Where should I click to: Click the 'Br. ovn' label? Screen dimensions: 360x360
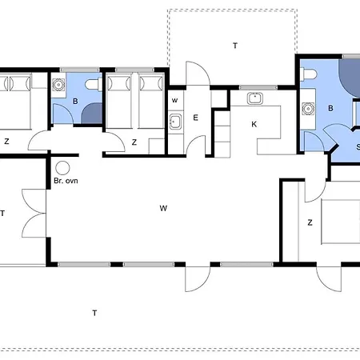pyautogui.click(x=66, y=181)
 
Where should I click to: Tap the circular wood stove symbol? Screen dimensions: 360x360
pyautogui.click(x=62, y=168)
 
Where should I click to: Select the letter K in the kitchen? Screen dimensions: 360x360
pyautogui.click(x=254, y=124)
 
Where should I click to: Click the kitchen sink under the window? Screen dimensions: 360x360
pyautogui.click(x=255, y=98)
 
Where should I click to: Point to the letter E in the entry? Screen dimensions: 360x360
pyautogui.click(x=195, y=118)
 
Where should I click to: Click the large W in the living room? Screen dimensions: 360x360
pyautogui.click(x=163, y=208)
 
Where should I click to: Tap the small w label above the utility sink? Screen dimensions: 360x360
pyautogui.click(x=174, y=101)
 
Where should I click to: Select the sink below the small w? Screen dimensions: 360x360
pyautogui.click(x=176, y=122)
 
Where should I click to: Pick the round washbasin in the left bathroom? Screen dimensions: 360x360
pyautogui.click(x=58, y=85)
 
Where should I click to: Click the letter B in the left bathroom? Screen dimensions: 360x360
pyautogui.click(x=75, y=102)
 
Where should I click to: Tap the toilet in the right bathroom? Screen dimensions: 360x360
pyautogui.click(x=309, y=74)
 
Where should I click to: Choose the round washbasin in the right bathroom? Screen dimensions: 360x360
pyautogui.click(x=308, y=109)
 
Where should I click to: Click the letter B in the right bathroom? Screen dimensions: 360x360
pyautogui.click(x=330, y=108)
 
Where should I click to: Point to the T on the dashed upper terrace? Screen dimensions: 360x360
pyautogui.click(x=235, y=46)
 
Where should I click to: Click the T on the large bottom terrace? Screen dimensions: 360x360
pyautogui.click(x=94, y=313)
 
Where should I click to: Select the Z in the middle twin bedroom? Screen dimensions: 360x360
pyautogui.click(x=134, y=142)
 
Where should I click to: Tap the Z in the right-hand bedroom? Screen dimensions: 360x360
pyautogui.click(x=310, y=222)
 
